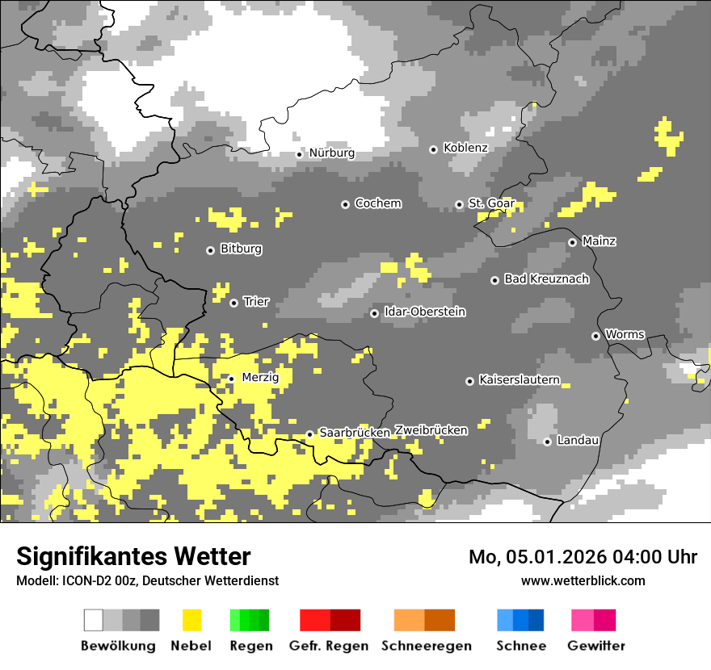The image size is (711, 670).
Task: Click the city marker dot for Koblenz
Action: pos(433,149)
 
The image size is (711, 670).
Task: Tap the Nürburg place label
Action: pos(331,153)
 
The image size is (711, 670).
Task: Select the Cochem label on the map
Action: pos(377,203)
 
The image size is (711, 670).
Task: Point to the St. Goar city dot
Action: pos(459,204)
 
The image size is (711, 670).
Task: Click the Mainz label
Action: pos(599,241)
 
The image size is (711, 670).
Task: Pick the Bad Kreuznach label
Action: pos(546,279)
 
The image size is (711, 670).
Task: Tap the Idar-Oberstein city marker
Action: pos(374,313)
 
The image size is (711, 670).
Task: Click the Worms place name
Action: pos(625,334)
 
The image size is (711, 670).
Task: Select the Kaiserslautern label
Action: pos(520,379)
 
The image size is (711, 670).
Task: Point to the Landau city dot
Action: pos(547,441)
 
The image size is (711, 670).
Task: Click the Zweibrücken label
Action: pos(431,430)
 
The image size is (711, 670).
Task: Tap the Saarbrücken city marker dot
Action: pos(309,434)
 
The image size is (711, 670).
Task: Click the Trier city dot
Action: pos(233,303)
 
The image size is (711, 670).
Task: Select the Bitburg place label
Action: pos(241,249)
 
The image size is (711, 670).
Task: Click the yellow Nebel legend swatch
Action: pos(191,620)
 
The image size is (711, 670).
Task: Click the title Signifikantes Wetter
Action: pos(133,556)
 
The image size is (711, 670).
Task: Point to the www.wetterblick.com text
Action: pos(583,580)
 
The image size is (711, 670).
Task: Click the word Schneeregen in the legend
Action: pos(426,646)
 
